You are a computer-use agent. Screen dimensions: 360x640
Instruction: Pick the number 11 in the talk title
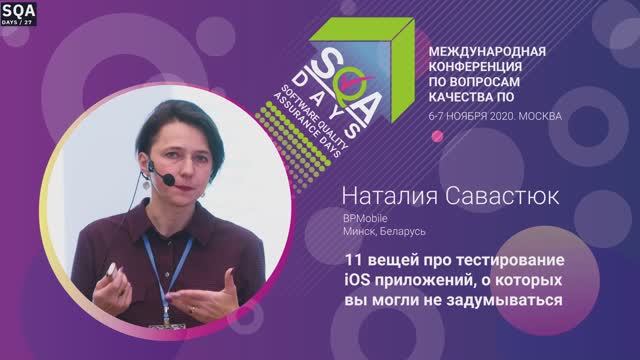(348, 260)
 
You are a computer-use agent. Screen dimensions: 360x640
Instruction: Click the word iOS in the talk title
(355, 279)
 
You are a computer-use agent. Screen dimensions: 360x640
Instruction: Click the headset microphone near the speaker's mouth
(170, 179)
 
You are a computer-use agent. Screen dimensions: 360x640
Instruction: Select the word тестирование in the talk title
(511, 260)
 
